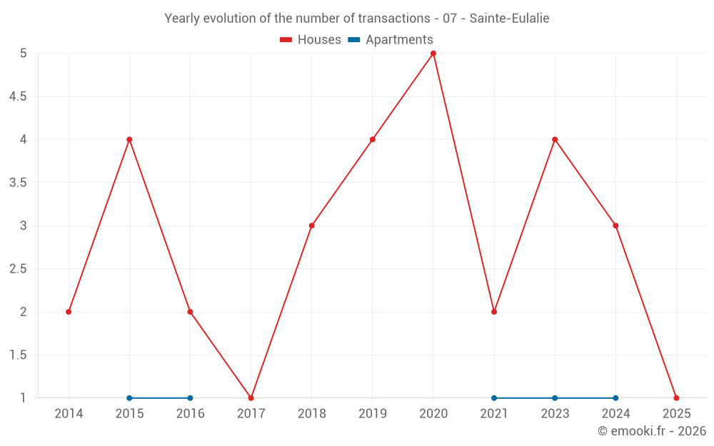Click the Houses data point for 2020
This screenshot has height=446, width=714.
tap(433, 54)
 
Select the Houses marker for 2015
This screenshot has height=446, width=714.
tap(129, 139)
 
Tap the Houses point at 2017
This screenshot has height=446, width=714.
tap(251, 397)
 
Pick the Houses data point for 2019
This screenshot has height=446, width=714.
tap(373, 139)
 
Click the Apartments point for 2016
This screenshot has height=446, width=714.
tap(190, 397)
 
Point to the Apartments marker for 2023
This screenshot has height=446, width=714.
tap(555, 397)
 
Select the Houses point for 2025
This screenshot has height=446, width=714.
tap(676, 397)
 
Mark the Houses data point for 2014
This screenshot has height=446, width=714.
tap(69, 312)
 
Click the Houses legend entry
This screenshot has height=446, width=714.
tap(310, 40)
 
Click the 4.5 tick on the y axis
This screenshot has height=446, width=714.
tap(18, 96)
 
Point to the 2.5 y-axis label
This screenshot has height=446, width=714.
tap(18, 269)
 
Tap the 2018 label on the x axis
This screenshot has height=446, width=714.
tap(312, 414)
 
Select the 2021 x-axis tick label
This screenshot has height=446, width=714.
tap(494, 414)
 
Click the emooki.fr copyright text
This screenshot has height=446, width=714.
tap(652, 431)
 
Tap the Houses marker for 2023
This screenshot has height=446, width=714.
tap(555, 139)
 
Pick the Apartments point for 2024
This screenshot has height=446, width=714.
tap(615, 397)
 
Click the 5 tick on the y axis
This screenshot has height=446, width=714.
tap(24, 54)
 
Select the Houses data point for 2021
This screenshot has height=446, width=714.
tap(494, 312)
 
